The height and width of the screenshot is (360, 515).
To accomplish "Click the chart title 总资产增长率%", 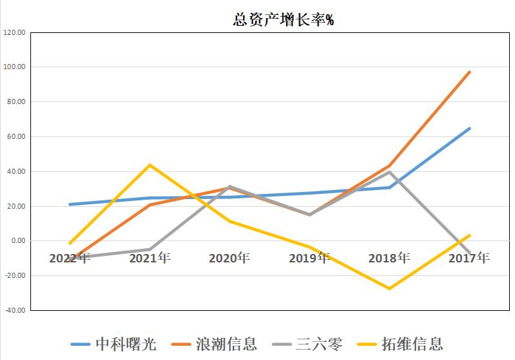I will pyautogui.click(x=282, y=20).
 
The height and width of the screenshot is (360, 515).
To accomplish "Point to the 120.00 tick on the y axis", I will pyautogui.click(x=14, y=32).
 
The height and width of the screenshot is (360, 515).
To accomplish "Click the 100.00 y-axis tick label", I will pyautogui.click(x=14, y=67).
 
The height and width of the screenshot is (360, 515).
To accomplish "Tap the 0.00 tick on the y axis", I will pyautogui.click(x=17, y=241).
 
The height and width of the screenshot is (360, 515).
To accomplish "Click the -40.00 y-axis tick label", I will pyautogui.click(x=14, y=310).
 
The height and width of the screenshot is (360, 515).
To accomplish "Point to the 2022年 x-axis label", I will pyautogui.click(x=70, y=258).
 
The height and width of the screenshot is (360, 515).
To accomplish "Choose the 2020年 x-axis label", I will pyautogui.click(x=229, y=258).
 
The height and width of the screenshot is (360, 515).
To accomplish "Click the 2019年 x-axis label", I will pyautogui.click(x=309, y=258).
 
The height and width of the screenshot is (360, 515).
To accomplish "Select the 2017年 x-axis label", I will pyautogui.click(x=468, y=258).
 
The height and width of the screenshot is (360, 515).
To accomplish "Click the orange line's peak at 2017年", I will pyautogui.click(x=469, y=72).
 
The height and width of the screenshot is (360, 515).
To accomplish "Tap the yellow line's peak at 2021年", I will pyautogui.click(x=150, y=165).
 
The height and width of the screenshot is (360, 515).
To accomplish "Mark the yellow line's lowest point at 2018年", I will pyautogui.click(x=389, y=288).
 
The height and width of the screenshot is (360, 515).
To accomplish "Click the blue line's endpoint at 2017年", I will pyautogui.click(x=469, y=128).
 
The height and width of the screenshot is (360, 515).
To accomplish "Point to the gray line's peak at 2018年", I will pyautogui.click(x=389, y=172).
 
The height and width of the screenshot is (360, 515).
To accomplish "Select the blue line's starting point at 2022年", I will pyautogui.click(x=70, y=204).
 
